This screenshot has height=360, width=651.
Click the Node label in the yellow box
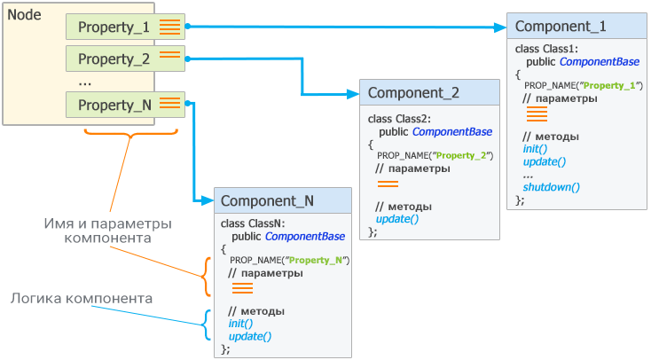click(x=25, y=15)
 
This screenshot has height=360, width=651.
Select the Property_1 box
click(x=125, y=27)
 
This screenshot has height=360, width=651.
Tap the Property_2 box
click(x=125, y=59)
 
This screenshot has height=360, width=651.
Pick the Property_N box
click(x=125, y=105)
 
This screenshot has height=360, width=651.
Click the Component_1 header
click(x=576, y=27)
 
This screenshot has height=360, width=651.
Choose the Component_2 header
click(x=429, y=92)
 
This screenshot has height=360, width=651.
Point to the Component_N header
click(x=283, y=200)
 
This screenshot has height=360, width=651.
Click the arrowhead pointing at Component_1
click(x=500, y=27)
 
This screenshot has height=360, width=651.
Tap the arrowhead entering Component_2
click(x=353, y=94)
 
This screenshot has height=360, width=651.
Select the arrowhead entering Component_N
click(x=208, y=201)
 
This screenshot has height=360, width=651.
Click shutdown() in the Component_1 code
click(x=552, y=187)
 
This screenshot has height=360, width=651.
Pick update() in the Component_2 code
click(x=397, y=219)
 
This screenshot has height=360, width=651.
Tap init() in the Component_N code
click(x=240, y=323)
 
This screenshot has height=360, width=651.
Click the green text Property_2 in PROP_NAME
click(x=461, y=156)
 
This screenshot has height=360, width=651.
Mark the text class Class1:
click(x=546, y=49)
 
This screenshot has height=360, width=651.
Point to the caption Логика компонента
click(x=82, y=299)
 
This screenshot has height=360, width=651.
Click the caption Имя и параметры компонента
click(x=107, y=231)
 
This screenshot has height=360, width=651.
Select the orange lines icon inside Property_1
click(x=169, y=27)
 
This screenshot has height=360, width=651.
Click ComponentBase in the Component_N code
click(x=305, y=236)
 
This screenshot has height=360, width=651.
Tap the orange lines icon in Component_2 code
click(x=388, y=184)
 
